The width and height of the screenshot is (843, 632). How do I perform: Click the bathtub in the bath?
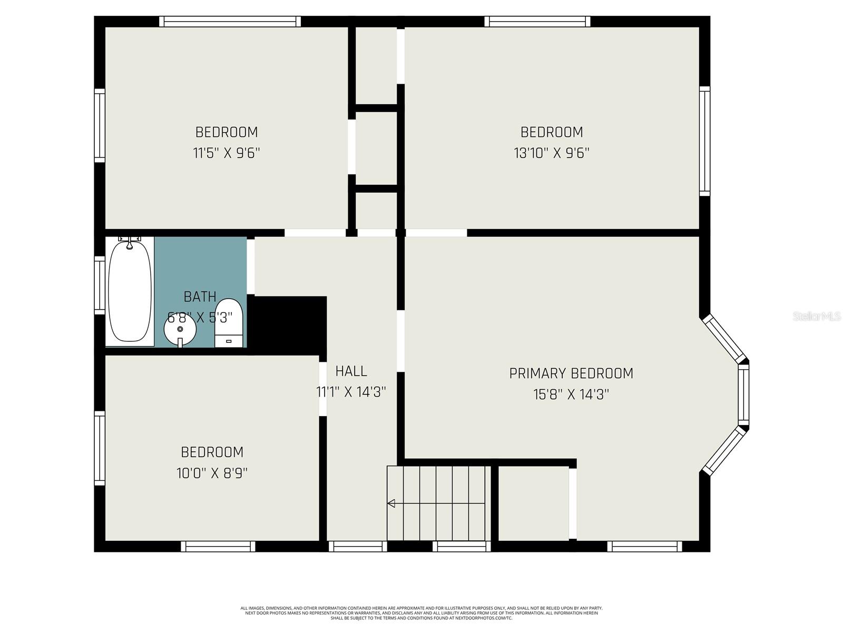[x=130, y=291]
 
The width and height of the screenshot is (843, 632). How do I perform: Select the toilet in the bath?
[x=229, y=323]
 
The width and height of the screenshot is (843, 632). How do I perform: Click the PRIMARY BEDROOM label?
[x=571, y=373]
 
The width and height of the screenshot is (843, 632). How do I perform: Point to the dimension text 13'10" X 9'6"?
[x=551, y=153]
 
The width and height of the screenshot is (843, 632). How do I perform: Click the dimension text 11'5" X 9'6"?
[x=227, y=153]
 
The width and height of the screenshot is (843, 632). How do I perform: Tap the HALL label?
[x=351, y=371]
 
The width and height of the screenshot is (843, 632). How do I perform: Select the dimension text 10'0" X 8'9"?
[x=212, y=473]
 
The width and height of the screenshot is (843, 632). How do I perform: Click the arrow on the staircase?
[x=391, y=503]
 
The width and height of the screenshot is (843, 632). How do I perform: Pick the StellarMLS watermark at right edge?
[x=816, y=317]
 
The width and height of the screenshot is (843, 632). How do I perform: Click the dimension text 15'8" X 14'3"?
[x=571, y=394]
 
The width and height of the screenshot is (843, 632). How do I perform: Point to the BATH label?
[x=200, y=297]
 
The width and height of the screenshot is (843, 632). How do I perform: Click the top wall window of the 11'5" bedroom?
[x=230, y=21]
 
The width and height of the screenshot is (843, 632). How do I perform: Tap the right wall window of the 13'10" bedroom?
[x=704, y=141]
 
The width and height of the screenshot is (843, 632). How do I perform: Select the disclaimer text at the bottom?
[x=421, y=613]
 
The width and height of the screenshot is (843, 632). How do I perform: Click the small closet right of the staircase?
[x=533, y=503]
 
